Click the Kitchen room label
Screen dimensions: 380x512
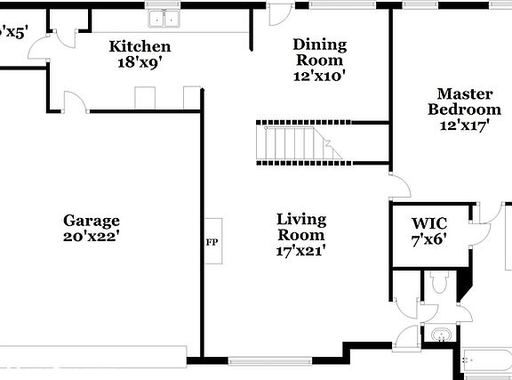point(140,46)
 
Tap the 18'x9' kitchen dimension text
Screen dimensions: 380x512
point(140,63)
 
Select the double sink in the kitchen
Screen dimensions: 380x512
point(164,18)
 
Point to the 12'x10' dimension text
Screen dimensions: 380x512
point(320,77)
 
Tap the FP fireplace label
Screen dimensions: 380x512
point(212,242)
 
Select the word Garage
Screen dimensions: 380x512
point(91,220)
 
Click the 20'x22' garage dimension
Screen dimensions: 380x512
point(91,237)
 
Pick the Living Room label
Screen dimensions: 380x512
point(300,227)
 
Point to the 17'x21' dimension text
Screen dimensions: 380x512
point(300,251)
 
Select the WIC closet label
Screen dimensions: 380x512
point(428,222)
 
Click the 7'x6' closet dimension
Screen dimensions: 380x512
point(428,239)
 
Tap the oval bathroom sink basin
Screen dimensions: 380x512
point(439,336)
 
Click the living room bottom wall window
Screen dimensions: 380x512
point(263,361)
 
